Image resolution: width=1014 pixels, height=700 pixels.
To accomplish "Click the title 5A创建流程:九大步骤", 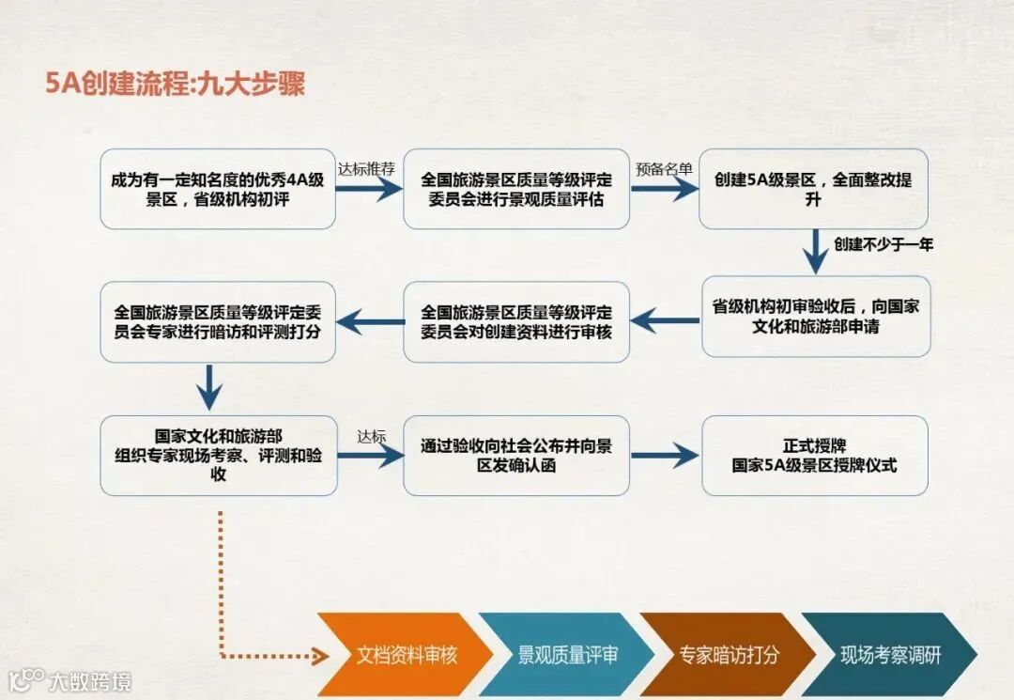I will click(x=176, y=84).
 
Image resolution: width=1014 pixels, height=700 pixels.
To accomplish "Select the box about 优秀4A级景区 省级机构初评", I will click(x=218, y=189).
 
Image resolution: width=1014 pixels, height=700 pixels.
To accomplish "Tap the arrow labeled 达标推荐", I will click(x=369, y=188).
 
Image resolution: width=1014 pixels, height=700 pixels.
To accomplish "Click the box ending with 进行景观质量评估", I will click(x=516, y=189).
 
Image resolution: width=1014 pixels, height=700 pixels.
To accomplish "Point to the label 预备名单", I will click(x=664, y=170).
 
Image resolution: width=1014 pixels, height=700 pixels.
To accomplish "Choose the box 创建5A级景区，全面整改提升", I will click(x=813, y=189).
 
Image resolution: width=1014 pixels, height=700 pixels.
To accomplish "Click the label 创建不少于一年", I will click(x=883, y=244).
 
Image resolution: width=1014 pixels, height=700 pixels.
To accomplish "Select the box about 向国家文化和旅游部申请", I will click(x=816, y=317).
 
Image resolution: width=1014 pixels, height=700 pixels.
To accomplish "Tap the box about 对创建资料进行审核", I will click(x=516, y=321).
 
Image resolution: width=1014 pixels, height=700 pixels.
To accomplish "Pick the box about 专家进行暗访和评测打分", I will click(x=218, y=321).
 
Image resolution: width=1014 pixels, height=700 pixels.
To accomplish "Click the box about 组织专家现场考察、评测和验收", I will click(x=218, y=456).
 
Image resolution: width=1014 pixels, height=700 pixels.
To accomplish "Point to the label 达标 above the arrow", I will click(x=371, y=438).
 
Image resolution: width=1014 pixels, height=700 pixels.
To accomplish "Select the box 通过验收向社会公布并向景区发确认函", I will click(x=516, y=456).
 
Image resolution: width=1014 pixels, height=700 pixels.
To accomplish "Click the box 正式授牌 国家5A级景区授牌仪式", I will click(x=815, y=456).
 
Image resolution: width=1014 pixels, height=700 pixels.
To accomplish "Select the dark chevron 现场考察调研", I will click(x=887, y=655).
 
